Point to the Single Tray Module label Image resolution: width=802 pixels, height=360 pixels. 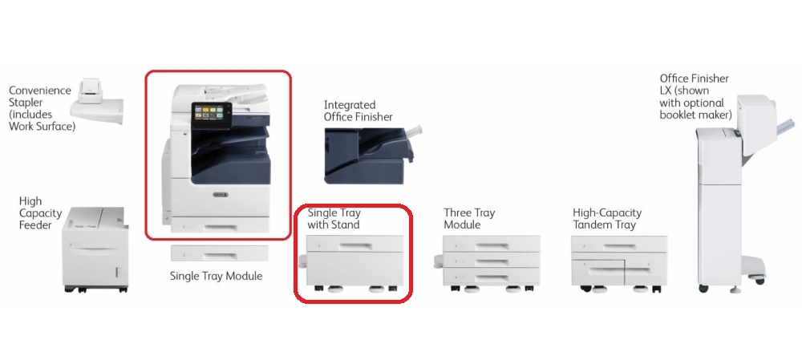click(x=216, y=276)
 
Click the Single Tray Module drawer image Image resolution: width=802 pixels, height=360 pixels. click(x=218, y=253)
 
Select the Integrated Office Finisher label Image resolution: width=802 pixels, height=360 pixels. click(x=358, y=111)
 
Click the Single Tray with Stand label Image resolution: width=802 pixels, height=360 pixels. click(x=334, y=219)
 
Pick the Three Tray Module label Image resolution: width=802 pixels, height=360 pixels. click(x=469, y=219)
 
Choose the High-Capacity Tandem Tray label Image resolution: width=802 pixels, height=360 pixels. click(x=606, y=219)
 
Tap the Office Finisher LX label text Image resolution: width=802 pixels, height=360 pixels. click(x=695, y=97)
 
